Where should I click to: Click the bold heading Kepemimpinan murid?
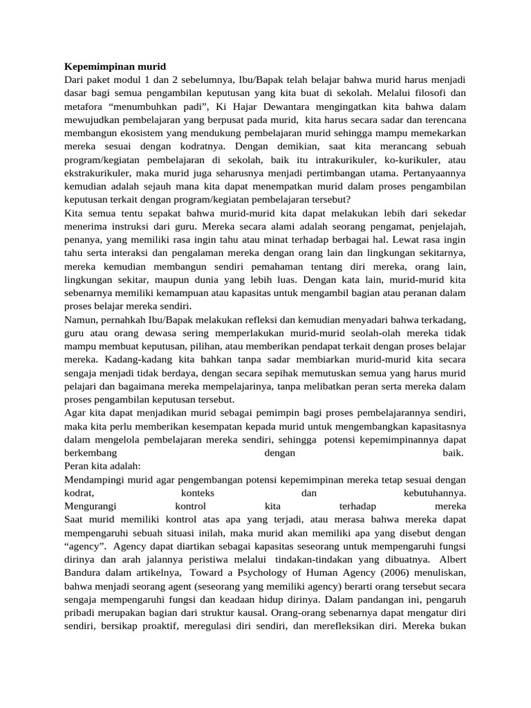click(115, 67)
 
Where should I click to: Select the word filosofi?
click(423, 93)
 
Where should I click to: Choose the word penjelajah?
click(439, 226)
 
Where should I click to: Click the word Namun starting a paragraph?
click(80, 319)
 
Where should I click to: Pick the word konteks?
click(198, 494)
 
